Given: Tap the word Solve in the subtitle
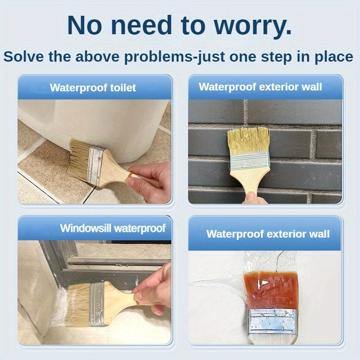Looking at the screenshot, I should click(x=23, y=57).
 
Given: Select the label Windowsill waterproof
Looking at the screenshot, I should click(x=112, y=228).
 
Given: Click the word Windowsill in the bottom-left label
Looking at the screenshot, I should click(x=85, y=228).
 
